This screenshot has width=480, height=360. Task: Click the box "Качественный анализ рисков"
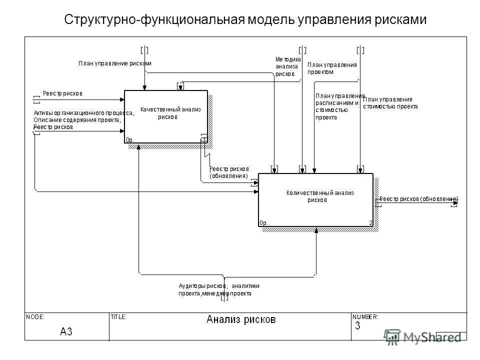165,116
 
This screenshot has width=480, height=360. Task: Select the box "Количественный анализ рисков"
315,199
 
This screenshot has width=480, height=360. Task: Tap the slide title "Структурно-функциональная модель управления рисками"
245,20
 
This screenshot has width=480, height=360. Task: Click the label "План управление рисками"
114,63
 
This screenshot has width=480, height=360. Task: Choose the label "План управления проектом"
331,68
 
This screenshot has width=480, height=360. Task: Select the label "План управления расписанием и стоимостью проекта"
339,106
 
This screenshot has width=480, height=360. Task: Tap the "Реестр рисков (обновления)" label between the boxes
228,172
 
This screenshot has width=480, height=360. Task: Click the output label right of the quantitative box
418,199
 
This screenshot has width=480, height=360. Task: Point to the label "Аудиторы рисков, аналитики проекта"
218,289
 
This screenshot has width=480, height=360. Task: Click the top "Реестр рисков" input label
62,93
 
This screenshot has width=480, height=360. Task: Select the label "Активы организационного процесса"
83,112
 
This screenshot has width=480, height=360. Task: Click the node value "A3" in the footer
66,331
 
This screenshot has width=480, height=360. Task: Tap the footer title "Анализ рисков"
240,319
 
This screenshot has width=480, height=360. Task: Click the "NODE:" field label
35,316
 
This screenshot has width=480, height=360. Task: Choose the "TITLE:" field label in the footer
118,316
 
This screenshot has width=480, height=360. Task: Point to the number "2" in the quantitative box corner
370,223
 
